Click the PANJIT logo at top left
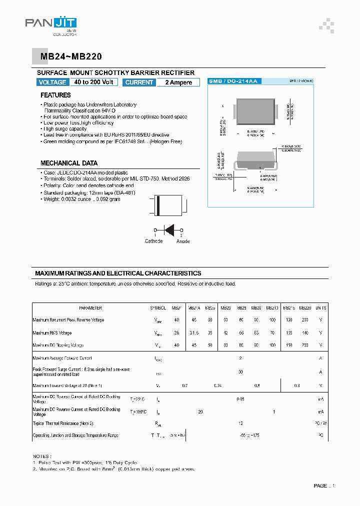coord(50,24)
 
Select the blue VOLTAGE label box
coord(52,82)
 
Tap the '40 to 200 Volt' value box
coord(94,82)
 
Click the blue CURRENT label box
coord(139,82)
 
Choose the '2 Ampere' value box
coord(178,82)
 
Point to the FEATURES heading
coord(55,95)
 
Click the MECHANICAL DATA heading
coord(69,163)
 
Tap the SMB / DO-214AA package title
coord(233,80)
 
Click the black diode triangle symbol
coord(169,229)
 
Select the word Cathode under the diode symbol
coord(153,241)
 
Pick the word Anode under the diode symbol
coord(183,241)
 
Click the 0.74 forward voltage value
coord(217,385)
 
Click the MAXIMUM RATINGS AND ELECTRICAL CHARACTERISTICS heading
coord(118,273)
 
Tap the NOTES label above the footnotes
coord(41,456)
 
